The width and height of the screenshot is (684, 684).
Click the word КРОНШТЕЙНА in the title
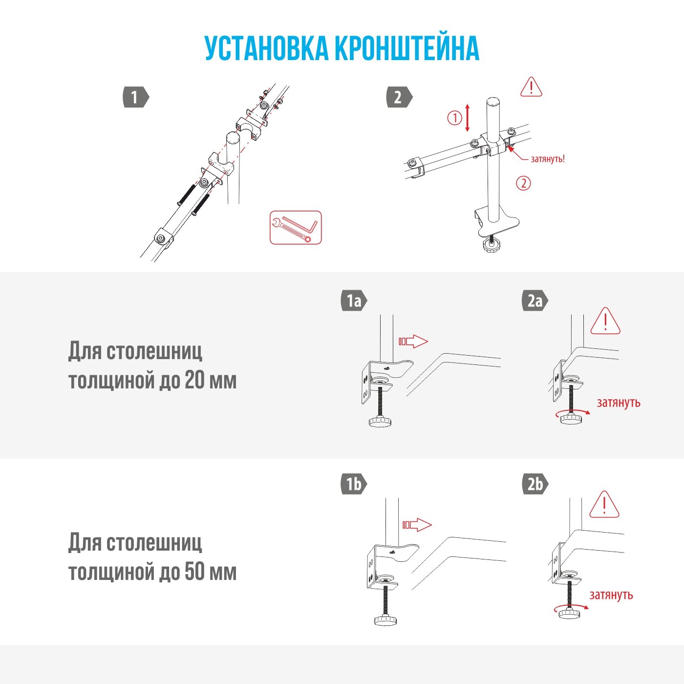tap(406, 48)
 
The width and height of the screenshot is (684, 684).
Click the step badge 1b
tap(353, 484)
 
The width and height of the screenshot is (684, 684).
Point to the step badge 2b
tap(534, 484)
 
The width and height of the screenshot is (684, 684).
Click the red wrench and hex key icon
tap(296, 228)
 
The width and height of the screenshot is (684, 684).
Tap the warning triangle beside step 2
tap(531, 87)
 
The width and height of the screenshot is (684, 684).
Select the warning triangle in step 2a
tap(605, 321)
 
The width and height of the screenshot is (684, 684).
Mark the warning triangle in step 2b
tap(604, 505)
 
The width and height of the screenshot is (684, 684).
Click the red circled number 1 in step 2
tap(454, 118)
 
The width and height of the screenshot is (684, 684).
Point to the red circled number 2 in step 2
tap(523, 183)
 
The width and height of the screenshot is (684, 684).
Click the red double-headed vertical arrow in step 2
tap(468, 118)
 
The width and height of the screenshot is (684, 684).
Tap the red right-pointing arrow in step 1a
tap(413, 341)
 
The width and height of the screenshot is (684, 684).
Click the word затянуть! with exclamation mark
tap(548, 159)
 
